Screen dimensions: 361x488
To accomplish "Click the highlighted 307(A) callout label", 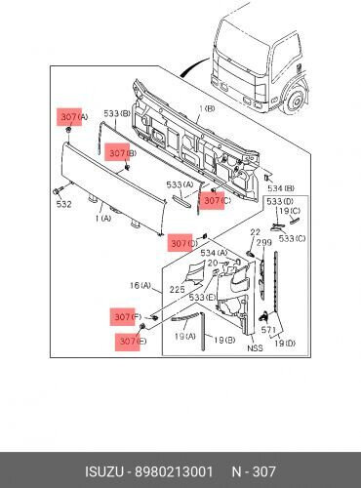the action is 73,117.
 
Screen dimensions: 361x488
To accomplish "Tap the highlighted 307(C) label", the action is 216,200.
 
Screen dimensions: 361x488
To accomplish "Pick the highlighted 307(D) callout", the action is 182,243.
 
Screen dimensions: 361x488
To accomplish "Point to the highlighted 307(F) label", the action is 126,316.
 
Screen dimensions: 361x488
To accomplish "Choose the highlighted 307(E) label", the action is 131,341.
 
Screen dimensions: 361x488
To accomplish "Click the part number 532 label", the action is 63,204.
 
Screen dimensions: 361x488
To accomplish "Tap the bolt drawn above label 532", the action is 57,191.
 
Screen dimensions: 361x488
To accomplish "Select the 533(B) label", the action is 117,114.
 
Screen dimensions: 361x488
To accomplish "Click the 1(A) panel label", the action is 103,218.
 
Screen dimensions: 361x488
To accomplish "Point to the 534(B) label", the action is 281,188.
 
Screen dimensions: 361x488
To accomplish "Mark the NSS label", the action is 255,347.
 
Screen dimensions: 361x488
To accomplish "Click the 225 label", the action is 178,289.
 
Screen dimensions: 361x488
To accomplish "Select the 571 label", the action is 268,330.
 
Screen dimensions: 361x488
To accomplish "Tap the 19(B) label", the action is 224,340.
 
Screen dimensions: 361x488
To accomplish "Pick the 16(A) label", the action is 140,286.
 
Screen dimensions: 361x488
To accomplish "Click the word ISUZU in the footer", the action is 104,471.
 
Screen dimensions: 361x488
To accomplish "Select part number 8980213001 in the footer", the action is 175,471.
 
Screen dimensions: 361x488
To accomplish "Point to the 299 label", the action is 264,243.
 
